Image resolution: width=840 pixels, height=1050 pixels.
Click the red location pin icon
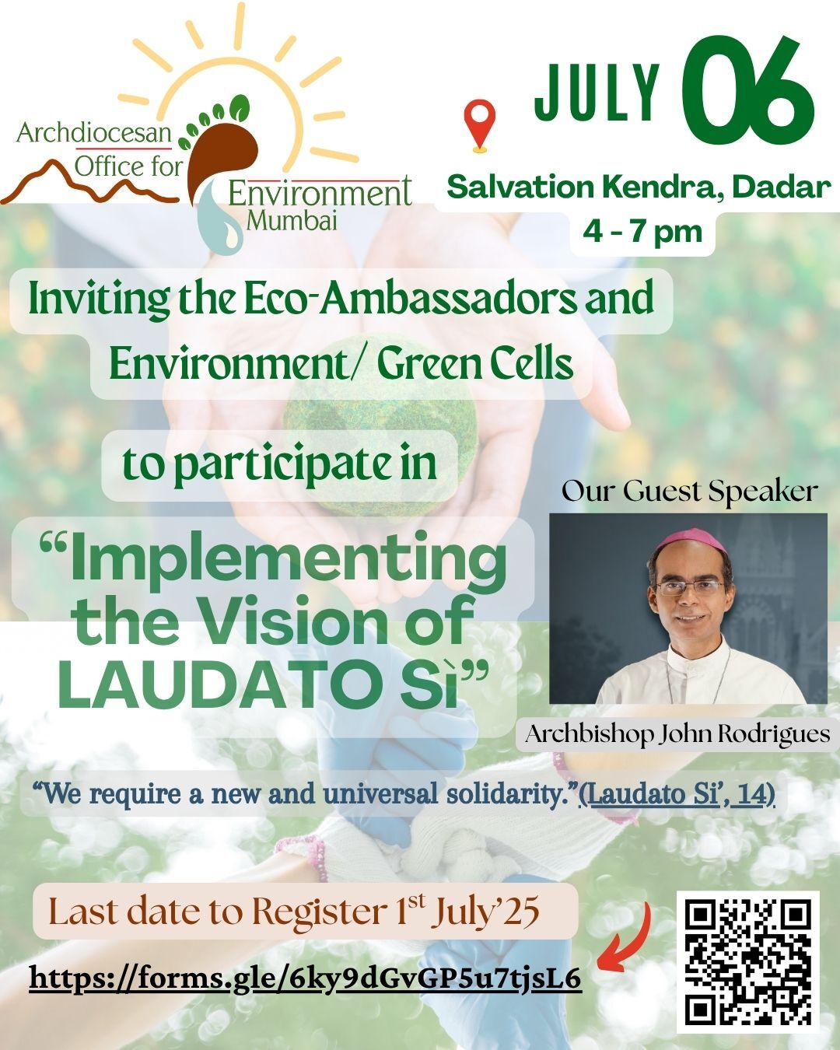pyautogui.click(x=480, y=126)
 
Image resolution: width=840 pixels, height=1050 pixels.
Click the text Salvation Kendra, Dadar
pyautogui.click(x=639, y=187)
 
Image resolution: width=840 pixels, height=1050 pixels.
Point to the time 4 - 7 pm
pyautogui.click(x=642, y=232)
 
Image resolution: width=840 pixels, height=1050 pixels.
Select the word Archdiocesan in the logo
pyautogui.click(x=94, y=133)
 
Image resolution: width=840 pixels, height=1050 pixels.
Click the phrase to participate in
pyautogui.click(x=280, y=464)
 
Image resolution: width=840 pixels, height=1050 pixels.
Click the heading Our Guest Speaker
pyautogui.click(x=689, y=491)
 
